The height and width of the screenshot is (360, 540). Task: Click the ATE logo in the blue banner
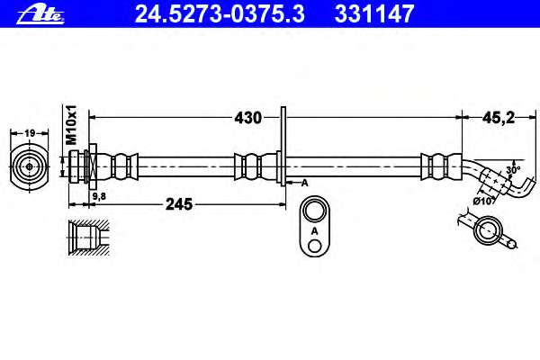click(40, 15)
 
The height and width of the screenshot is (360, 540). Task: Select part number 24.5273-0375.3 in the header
click(220, 14)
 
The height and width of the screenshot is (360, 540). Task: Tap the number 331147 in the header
click(374, 14)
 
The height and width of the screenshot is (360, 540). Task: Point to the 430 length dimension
click(248, 118)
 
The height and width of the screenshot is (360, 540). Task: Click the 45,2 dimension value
click(499, 118)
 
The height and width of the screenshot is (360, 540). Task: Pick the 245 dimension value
click(179, 204)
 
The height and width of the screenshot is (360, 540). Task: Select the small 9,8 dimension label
click(99, 196)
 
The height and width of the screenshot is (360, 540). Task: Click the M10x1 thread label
click(72, 125)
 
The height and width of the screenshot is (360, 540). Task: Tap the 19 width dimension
click(30, 133)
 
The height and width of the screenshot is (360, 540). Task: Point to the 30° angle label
click(513, 170)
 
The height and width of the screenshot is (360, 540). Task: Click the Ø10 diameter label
click(483, 201)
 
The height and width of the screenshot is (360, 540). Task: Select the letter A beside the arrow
click(304, 184)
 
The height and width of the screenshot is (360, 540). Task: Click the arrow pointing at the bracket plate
click(292, 183)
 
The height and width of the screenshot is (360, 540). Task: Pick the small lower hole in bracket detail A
click(314, 246)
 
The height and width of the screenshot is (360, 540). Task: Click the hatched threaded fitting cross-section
click(89, 238)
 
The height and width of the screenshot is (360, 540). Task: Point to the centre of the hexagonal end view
click(30, 167)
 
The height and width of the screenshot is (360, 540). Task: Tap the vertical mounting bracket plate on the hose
click(283, 147)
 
